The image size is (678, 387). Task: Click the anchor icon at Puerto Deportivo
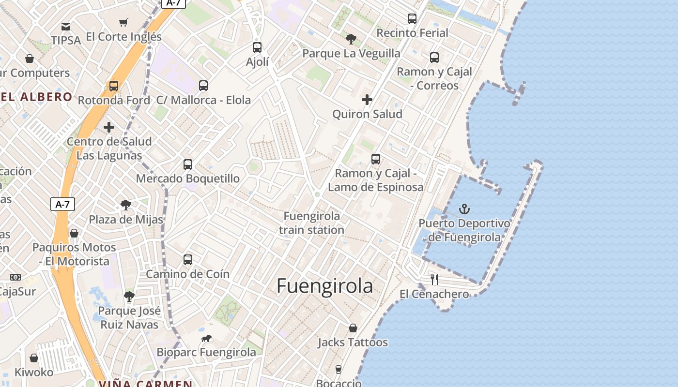pyautogui.click(x=464, y=209)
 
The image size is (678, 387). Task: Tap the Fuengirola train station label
pyautogui.click(x=311, y=223)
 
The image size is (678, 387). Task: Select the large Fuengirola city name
pyautogui.click(x=325, y=286)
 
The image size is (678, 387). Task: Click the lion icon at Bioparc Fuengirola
pyautogui.click(x=206, y=338)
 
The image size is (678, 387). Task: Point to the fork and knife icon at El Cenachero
pyautogui.click(x=434, y=279)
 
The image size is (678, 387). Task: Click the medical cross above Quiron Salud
pyautogui.click(x=367, y=100)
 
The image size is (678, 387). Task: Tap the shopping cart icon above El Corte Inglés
pyautogui.click(x=123, y=22)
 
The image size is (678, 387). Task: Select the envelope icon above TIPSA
pyautogui.click(x=66, y=26)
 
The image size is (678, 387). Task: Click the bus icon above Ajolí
pyautogui.click(x=257, y=47)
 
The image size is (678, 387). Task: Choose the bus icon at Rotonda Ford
pyautogui.click(x=114, y=86)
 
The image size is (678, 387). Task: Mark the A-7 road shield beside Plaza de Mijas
pyautogui.click(x=62, y=204)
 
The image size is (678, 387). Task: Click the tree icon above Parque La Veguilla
pyautogui.click(x=351, y=39)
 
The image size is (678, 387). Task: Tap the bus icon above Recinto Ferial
pyautogui.click(x=412, y=19)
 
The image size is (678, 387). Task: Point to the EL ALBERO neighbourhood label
pyautogui.click(x=36, y=97)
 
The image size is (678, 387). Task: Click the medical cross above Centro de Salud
pyautogui.click(x=109, y=127)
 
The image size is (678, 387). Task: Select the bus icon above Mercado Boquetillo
pyautogui.click(x=188, y=164)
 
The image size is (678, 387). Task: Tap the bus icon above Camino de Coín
pyautogui.click(x=188, y=260)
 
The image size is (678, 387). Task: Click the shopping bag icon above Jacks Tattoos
pyautogui.click(x=353, y=328)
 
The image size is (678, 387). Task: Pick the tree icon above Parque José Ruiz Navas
pyautogui.click(x=129, y=296)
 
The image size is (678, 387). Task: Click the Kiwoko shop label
pyautogui.click(x=34, y=372)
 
